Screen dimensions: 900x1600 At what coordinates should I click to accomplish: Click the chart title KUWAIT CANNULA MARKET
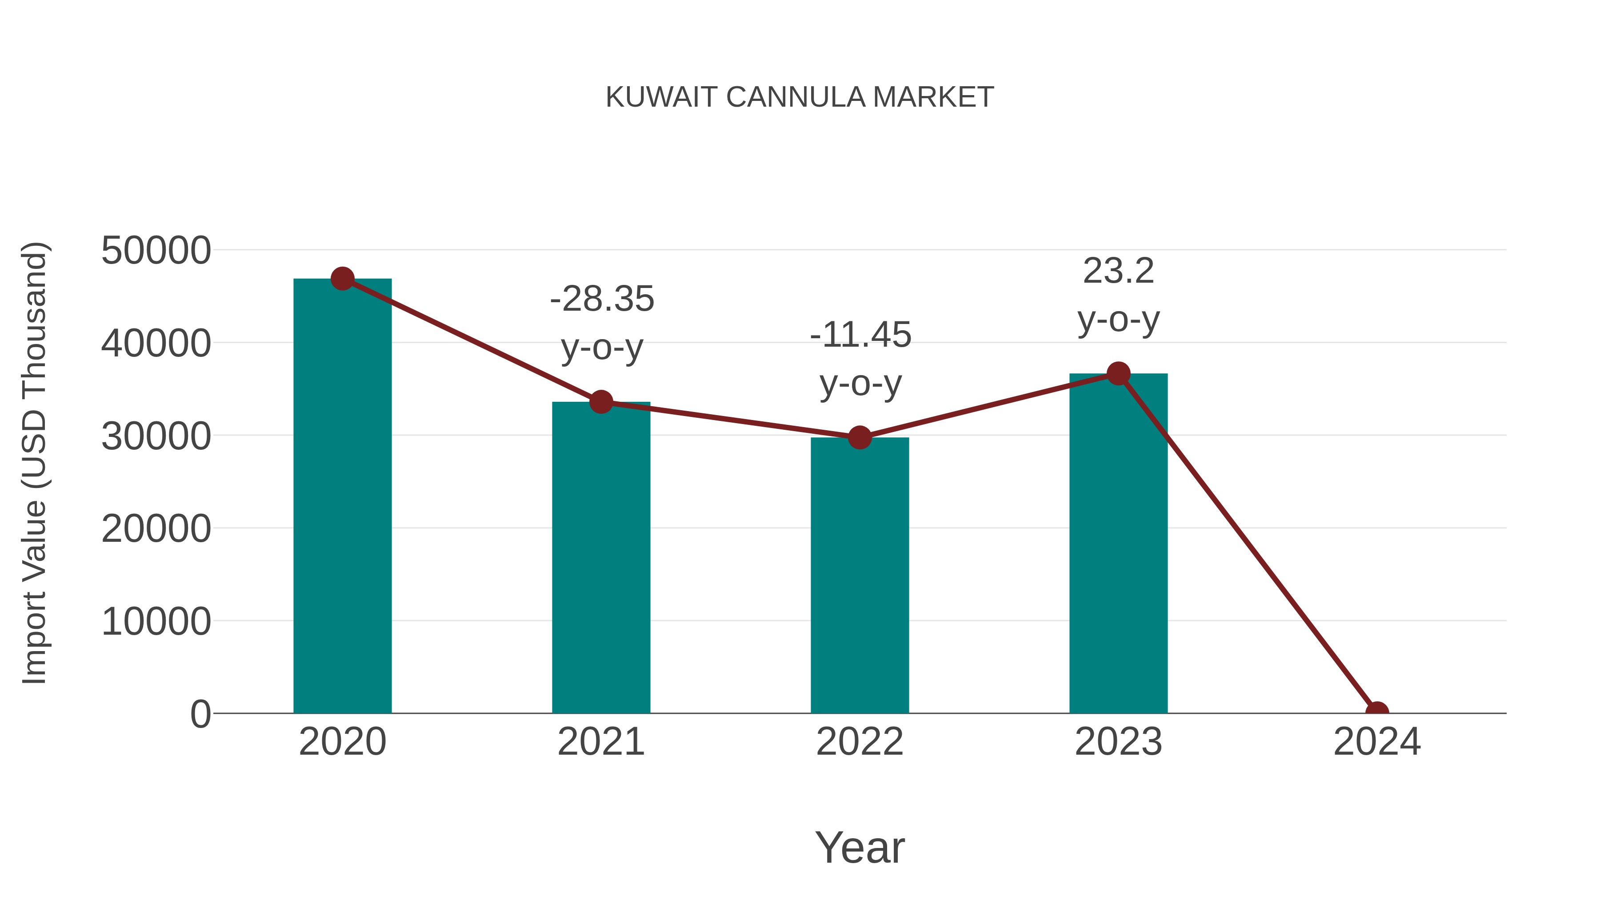pyautogui.click(x=800, y=97)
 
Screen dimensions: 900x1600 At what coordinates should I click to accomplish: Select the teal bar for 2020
pyautogui.click(x=342, y=497)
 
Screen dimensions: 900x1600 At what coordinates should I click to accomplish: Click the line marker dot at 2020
pyautogui.click(x=342, y=279)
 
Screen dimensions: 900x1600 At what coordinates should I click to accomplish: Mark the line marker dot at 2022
pyautogui.click(x=860, y=438)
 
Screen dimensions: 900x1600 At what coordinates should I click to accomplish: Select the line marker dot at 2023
pyautogui.click(x=1118, y=373)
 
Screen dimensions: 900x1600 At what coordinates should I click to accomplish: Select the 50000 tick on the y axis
pyautogui.click(x=156, y=251)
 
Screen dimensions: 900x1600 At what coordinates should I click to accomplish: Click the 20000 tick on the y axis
pyautogui.click(x=156, y=528)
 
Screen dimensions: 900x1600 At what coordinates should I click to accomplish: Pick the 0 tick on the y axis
pyautogui.click(x=200, y=714)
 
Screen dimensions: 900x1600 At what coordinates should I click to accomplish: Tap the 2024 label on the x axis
pyautogui.click(x=1376, y=742)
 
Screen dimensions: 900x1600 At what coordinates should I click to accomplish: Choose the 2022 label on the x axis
pyautogui.click(x=860, y=742)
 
